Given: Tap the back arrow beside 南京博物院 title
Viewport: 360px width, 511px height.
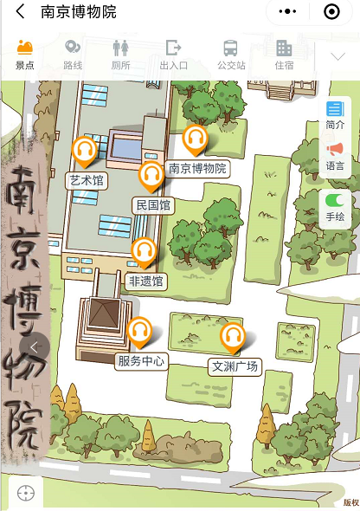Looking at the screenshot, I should pos(20,12).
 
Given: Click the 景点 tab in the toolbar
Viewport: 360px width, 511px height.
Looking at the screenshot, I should pos(24,54).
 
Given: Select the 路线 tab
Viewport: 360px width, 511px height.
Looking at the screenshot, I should pos(73,54).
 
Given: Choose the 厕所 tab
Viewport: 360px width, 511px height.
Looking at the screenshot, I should pos(121,54).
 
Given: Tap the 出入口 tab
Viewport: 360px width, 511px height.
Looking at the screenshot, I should pos(174,54).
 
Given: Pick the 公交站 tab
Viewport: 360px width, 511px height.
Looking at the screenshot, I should pos(231,54).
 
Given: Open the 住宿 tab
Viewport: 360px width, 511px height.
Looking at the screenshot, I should pos(284,54).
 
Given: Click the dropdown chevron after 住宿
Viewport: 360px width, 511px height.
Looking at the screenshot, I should pos(338,56).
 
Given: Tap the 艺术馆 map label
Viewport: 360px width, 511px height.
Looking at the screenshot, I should pos(87,180).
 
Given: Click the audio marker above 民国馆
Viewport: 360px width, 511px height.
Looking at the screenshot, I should pos(151,176).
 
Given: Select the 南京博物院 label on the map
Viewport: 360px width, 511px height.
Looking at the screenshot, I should pos(197,169).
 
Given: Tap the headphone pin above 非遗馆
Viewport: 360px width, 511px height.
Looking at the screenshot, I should pos(144,252).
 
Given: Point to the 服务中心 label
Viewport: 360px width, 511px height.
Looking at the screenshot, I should pos(141,361).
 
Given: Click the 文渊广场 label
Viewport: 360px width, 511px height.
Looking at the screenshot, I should pos(235,366).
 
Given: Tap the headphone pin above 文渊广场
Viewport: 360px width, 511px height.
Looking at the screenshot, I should pos(232,337).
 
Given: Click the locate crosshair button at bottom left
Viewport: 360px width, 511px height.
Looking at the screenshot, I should pos(26,493).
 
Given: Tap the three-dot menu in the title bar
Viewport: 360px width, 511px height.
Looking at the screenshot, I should pos(286,12).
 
